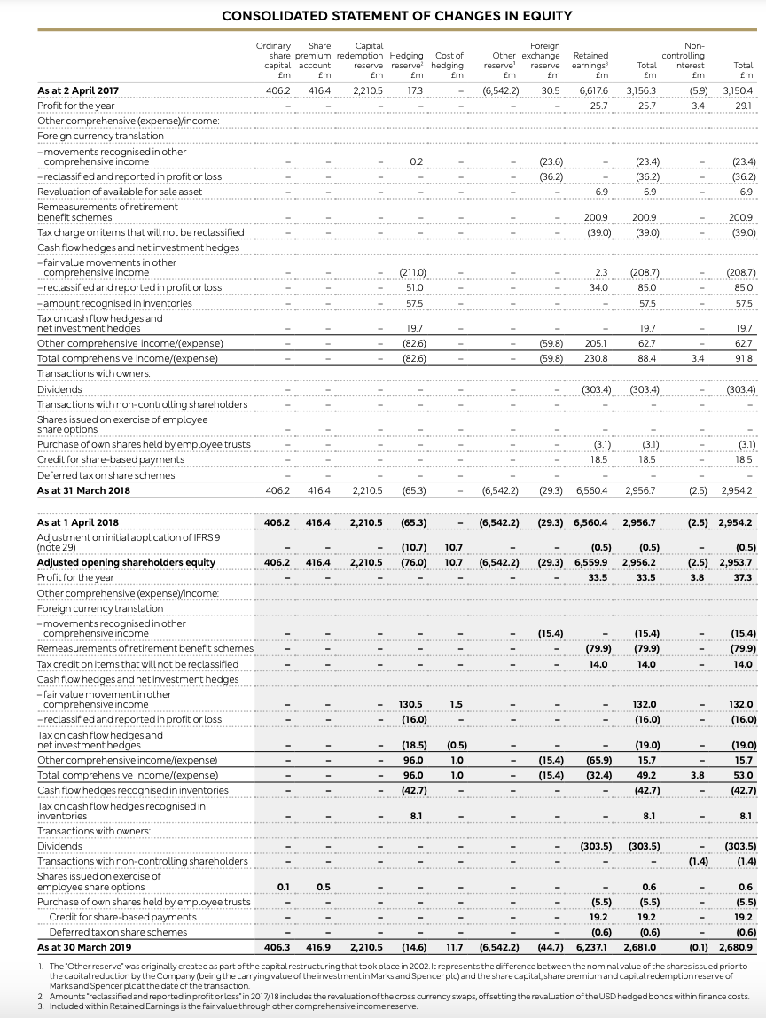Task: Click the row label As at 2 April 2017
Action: tap(78, 90)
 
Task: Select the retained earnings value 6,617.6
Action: tap(592, 90)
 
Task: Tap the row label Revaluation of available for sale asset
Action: tap(120, 191)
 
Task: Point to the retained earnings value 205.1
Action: tap(594, 343)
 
